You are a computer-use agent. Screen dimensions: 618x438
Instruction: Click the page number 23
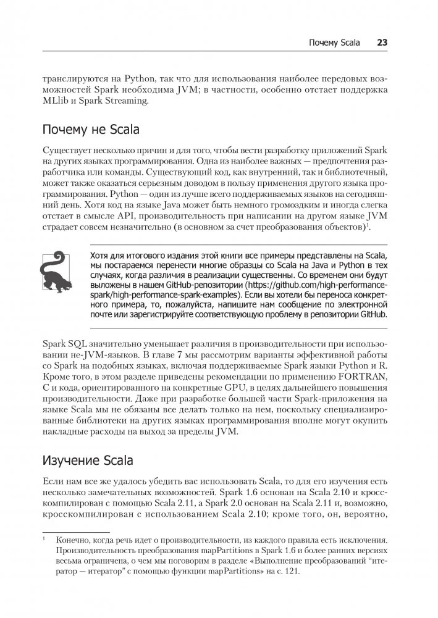382,43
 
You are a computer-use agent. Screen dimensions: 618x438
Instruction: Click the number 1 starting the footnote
44,538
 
